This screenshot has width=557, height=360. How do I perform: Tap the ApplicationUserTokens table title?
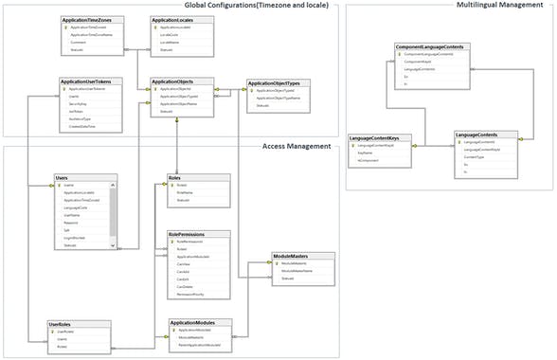[91, 82]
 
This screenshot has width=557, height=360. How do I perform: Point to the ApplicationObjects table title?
[174, 82]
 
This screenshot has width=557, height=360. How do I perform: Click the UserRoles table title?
[62, 324]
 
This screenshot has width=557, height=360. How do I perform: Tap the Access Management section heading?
[296, 146]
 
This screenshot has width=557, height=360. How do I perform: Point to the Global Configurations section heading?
[256, 7]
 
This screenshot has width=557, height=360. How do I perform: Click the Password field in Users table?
[71, 223]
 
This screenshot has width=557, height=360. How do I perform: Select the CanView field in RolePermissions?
[184, 264]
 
